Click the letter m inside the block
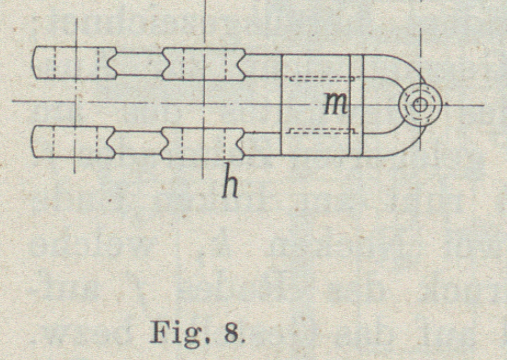tap(335, 104)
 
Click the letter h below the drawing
tap(231, 186)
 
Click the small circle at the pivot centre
tap(420, 104)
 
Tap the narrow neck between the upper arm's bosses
tap(139, 63)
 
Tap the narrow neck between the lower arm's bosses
tap(139, 142)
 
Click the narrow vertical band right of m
tap(357, 104)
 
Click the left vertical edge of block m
tap(281, 104)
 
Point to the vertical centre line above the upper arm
tap(204, 22)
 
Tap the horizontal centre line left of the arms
tap(22, 102)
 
